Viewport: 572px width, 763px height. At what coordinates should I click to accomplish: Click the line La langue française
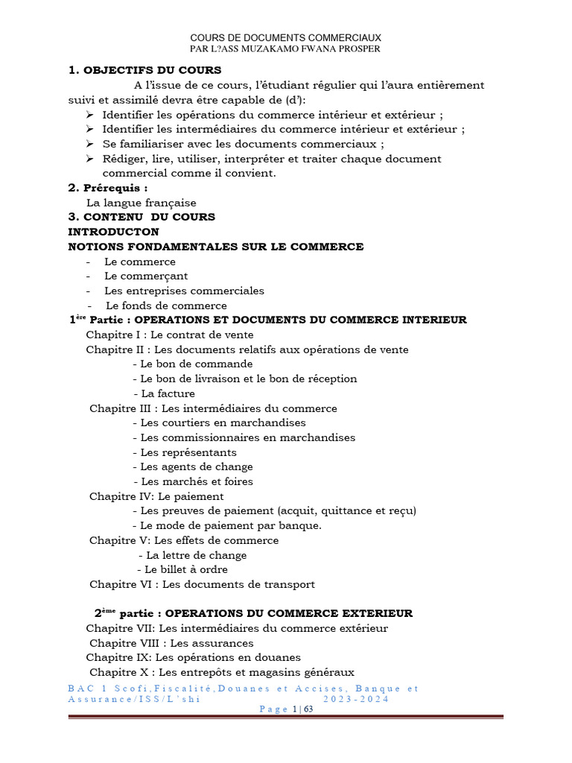(x=142, y=203)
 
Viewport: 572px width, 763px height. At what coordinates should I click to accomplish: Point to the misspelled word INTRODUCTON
(x=113, y=232)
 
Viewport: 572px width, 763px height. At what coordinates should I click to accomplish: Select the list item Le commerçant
(x=146, y=276)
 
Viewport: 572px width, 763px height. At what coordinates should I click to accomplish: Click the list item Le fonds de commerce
(x=166, y=305)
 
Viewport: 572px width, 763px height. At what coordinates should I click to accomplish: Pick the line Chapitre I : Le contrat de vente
(x=170, y=335)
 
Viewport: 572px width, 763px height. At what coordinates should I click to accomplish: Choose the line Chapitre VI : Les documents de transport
(x=202, y=585)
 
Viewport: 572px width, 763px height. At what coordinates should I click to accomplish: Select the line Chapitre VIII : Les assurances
(x=171, y=643)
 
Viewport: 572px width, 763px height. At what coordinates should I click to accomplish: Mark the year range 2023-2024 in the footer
(x=356, y=700)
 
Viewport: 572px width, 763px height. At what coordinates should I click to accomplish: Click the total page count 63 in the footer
(x=308, y=709)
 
